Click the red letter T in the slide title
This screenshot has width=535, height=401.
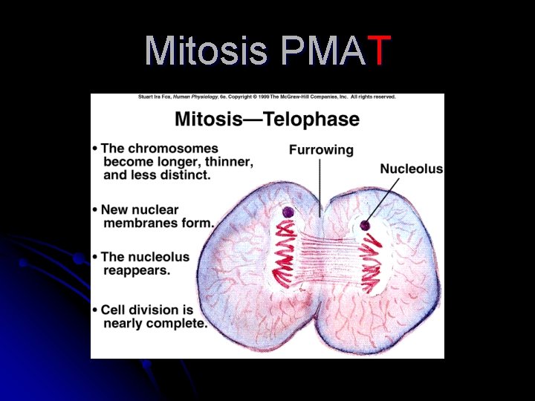point(378,50)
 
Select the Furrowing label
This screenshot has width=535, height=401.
point(321,149)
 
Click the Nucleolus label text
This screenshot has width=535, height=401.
point(411,169)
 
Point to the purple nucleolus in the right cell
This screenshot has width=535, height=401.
point(366,225)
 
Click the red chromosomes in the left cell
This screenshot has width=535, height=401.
point(285,252)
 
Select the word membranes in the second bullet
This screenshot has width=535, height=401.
point(141,223)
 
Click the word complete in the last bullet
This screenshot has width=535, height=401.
point(179,323)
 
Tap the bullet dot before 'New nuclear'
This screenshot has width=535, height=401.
point(95,210)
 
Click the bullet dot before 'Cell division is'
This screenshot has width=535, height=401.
point(95,310)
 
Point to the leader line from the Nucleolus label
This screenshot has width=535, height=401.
point(380,200)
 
